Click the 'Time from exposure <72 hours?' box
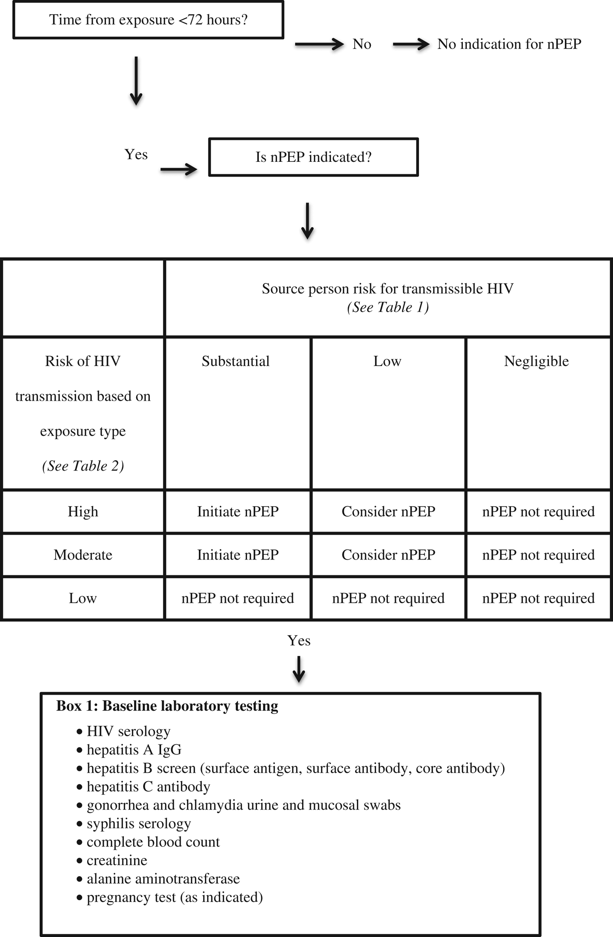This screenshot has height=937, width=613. tap(148, 20)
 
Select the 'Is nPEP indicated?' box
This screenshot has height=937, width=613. tap(313, 157)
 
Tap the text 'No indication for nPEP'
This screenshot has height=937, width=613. tap(509, 44)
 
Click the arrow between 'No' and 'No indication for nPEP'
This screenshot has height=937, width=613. tap(411, 44)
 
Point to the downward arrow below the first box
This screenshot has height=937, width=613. tap(136, 81)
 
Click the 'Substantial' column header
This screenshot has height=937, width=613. tap(236, 361)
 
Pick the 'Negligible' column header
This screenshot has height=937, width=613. tap(536, 361)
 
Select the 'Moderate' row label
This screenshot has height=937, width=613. tap(83, 555)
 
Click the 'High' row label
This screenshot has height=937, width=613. tap(83, 511)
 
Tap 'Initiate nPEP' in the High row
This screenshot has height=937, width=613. tap(238, 511)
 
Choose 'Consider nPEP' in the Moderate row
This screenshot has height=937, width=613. tap(388, 555)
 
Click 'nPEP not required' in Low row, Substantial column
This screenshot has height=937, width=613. tap(238, 598)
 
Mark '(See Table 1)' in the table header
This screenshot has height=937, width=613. tap(388, 307)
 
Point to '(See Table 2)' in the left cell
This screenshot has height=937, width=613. tap(83, 466)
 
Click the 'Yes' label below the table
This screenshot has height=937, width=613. tap(299, 640)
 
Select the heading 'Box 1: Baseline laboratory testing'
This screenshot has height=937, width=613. tap(167, 706)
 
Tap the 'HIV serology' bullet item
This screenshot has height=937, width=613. tap(128, 731)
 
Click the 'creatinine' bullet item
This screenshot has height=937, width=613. tap(116, 860)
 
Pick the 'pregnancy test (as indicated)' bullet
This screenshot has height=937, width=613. tap(174, 897)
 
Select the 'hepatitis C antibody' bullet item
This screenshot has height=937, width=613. tap(148, 787)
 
